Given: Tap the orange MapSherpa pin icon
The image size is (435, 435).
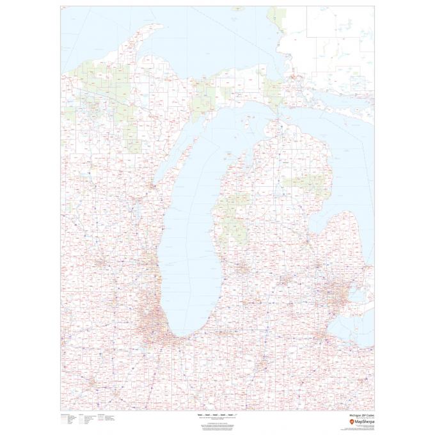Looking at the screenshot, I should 349,422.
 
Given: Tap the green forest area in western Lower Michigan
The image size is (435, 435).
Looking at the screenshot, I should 230,211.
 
